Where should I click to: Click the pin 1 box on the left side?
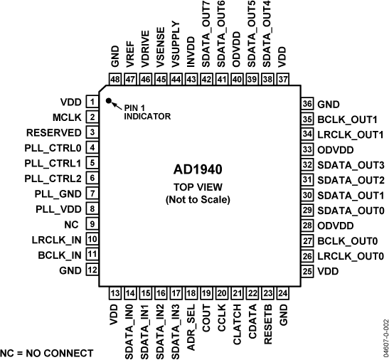(92, 102)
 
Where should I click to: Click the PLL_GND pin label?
(58, 194)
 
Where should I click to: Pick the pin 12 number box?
(92, 270)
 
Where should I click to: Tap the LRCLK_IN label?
(56, 240)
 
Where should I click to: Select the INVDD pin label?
(191, 54)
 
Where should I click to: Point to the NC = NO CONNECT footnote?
(47, 353)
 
